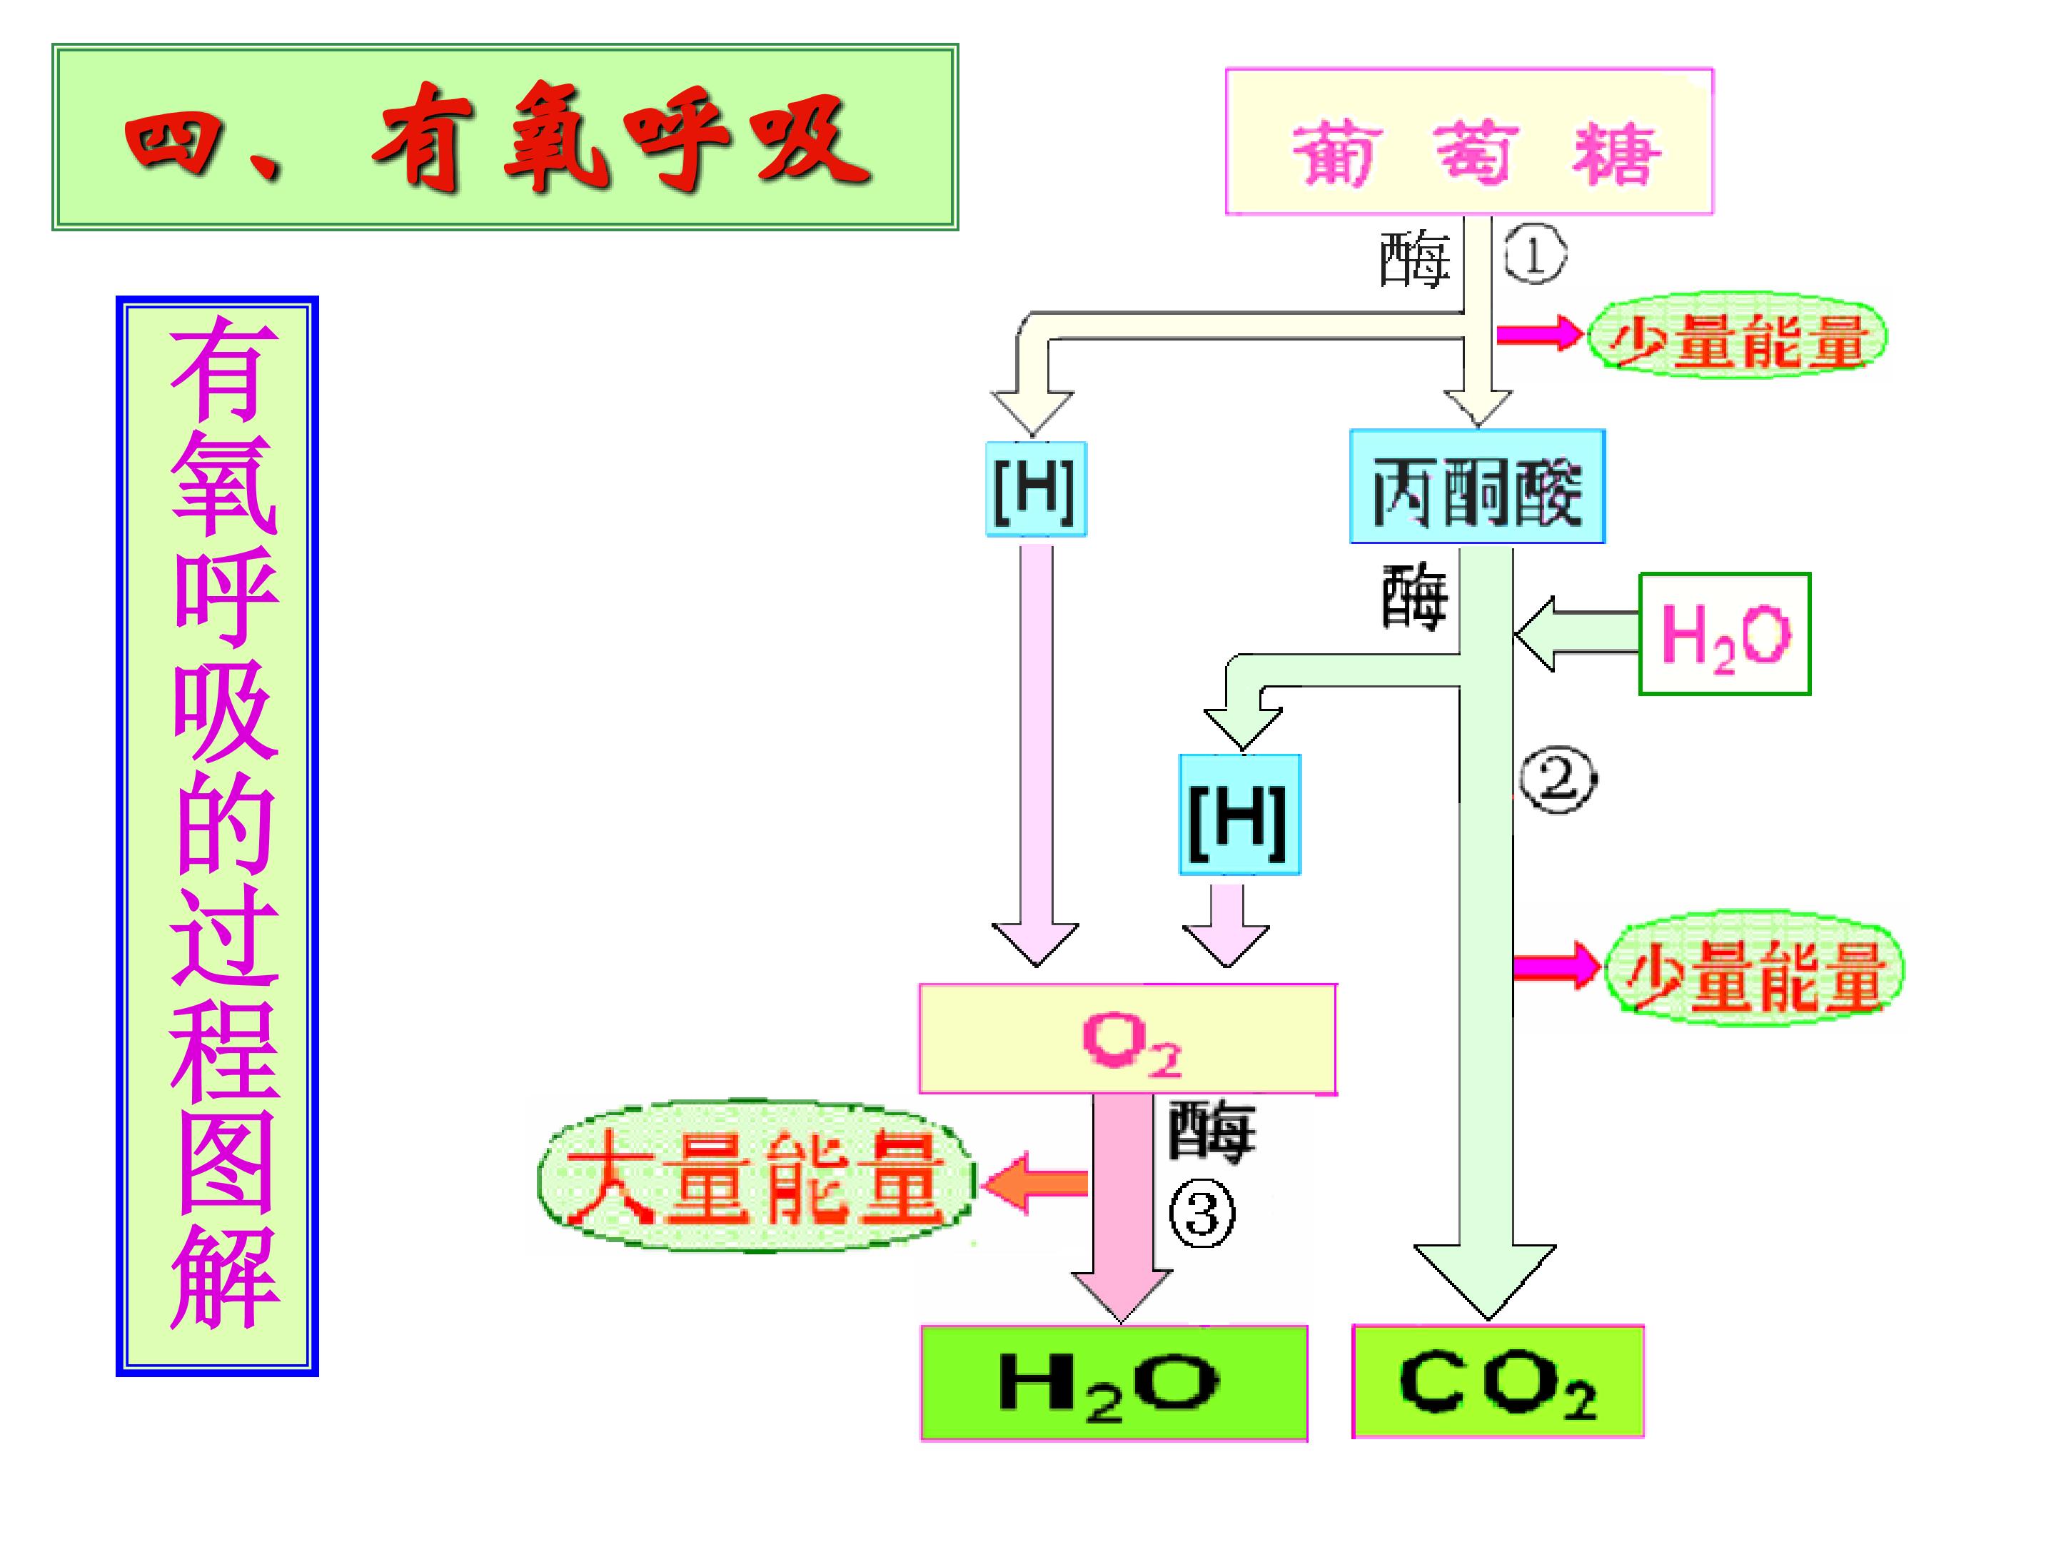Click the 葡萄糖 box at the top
[1468, 141]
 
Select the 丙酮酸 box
[1477, 486]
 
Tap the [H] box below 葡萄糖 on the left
[1035, 489]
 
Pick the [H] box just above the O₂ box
[1239, 815]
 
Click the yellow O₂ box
[1127, 1039]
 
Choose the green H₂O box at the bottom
[1114, 1383]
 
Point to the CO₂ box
[1498, 1382]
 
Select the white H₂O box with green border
[1724, 634]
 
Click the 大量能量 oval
[755, 1178]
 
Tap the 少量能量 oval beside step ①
[1736, 336]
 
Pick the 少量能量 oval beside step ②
[1754, 967]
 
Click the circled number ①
[1535, 256]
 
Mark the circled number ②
[1558, 779]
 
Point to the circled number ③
[1201, 1215]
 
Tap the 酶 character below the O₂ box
[1211, 1132]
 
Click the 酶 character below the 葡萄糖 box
[1413, 259]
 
